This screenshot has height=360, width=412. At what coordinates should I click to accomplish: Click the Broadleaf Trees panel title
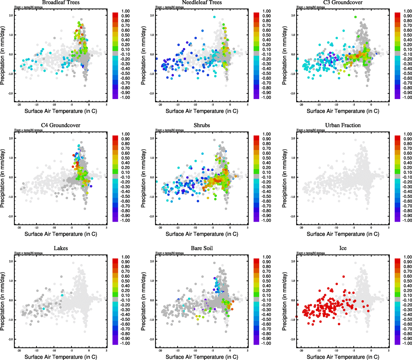pos(61,2)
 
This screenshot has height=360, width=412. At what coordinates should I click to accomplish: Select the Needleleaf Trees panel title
pos(202,2)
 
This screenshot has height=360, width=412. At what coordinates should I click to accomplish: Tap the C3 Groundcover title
pos(343,2)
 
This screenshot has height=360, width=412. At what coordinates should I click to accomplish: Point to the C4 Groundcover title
pos(61,125)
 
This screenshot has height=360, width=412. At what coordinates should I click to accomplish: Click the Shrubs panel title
pos(202,125)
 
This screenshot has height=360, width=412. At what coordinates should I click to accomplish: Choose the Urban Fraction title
pos(343,125)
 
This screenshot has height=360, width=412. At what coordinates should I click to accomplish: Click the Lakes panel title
pos(61,248)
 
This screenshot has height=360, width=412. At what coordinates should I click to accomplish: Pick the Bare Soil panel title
pos(202,248)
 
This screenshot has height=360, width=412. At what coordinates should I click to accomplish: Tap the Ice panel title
pos(343,248)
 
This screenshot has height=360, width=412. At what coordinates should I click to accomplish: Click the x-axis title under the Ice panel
pos(343,357)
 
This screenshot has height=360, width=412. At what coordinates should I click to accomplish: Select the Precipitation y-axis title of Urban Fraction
pos(284,178)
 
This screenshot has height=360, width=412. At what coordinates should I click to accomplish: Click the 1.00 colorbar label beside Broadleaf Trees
pos(125,11)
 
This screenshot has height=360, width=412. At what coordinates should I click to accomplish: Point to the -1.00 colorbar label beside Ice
pos(407,343)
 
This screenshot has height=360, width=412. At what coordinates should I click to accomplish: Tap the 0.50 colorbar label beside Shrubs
pos(266,158)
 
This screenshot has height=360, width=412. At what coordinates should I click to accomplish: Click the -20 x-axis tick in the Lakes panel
pos(19,350)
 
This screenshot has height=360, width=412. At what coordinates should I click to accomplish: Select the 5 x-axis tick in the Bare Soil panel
pos(248,350)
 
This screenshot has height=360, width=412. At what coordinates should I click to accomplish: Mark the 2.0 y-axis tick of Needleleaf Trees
pos(152,15)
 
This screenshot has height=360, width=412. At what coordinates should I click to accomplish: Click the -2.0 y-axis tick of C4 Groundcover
pos(11,216)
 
